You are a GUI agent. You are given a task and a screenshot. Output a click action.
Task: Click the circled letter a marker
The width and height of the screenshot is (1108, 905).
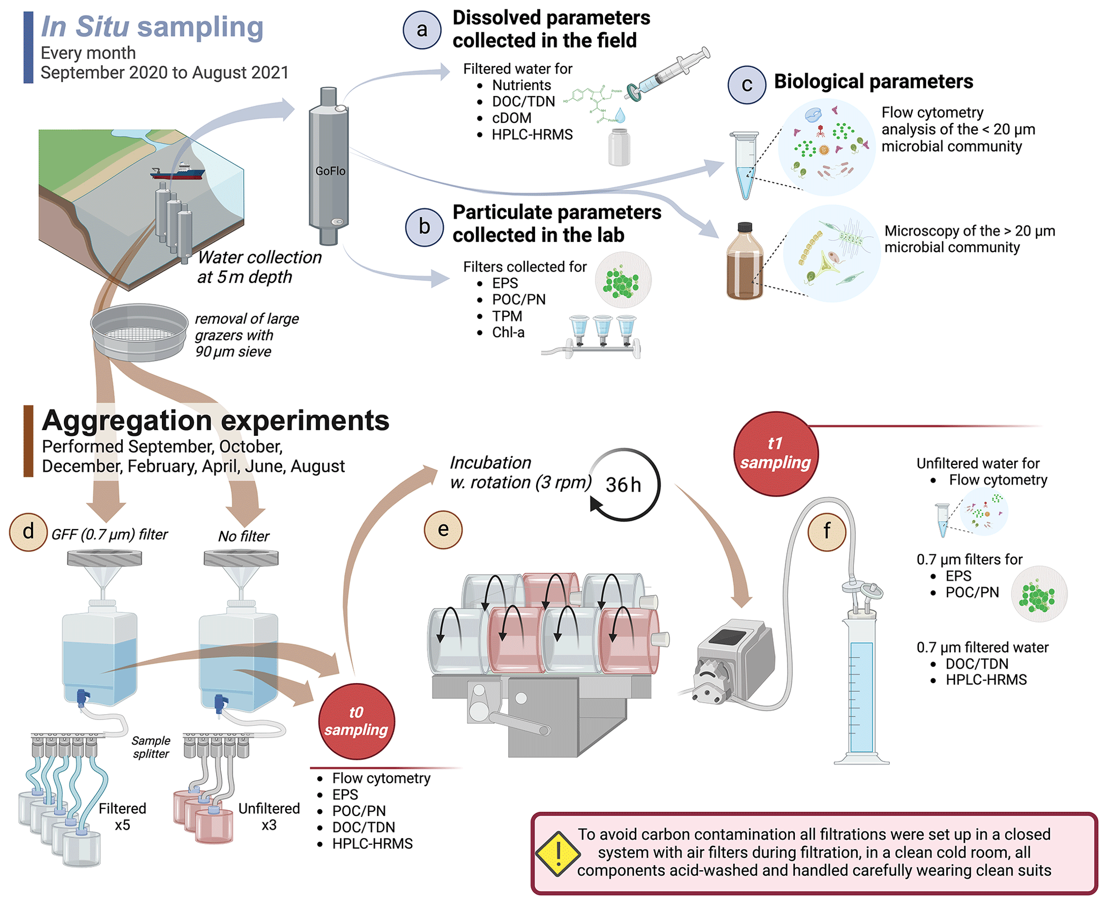[422, 30]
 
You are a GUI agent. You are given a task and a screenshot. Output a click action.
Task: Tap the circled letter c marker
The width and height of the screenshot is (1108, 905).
[746, 85]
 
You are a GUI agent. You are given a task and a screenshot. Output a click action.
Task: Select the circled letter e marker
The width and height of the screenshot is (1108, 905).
[443, 530]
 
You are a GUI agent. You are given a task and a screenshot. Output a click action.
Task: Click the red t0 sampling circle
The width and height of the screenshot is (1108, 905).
[356, 721]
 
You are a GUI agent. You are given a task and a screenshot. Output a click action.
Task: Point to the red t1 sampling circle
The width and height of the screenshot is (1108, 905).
[775, 454]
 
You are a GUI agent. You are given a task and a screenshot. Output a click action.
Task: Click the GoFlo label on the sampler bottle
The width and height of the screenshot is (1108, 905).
[330, 171]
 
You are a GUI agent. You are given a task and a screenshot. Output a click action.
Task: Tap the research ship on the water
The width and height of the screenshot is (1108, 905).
[178, 172]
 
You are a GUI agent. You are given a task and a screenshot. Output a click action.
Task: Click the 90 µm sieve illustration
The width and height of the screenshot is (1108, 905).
[139, 332]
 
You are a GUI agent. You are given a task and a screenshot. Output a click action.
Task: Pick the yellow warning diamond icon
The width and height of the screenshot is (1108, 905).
[557, 854]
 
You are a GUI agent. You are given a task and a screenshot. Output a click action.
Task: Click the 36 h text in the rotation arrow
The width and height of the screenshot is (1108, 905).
[623, 485]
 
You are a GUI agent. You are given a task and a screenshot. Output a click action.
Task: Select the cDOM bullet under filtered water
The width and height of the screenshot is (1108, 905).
[511, 118]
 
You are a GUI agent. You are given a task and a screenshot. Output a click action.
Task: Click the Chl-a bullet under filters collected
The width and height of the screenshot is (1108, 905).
[508, 332]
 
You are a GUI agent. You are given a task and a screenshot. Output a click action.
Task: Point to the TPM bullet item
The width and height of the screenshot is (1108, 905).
[507, 316]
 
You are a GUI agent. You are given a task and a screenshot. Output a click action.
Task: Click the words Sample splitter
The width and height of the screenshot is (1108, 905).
[151, 747]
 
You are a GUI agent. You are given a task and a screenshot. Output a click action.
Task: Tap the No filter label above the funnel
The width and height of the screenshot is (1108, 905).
[243, 536]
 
